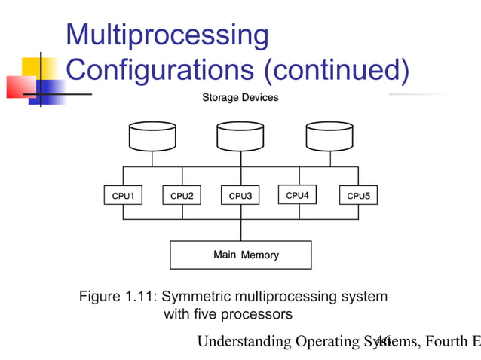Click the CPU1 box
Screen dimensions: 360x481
pos(123,196)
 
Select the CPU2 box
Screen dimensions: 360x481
pos(182,196)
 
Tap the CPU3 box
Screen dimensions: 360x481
pos(240,196)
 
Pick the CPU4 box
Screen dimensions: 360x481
pos(298,195)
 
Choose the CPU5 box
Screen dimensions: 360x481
pos(358,196)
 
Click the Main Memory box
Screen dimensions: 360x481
pos(240,255)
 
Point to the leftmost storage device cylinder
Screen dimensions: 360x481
pos(152,136)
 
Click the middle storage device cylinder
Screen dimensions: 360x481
pos(240,136)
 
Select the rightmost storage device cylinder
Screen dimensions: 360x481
pos(329,136)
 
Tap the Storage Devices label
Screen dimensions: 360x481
pos(240,98)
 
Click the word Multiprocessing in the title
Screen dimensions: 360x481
pos(167,35)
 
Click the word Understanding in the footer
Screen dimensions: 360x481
pos(244,343)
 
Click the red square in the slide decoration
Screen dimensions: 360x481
pos(20,87)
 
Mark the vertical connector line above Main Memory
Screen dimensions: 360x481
pos(240,230)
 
